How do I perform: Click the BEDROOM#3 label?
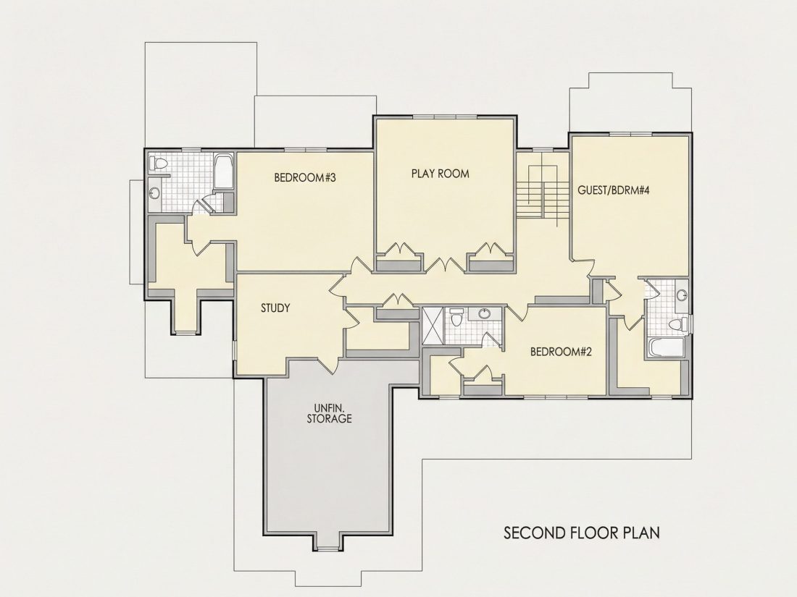305,178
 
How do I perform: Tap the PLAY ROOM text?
441,174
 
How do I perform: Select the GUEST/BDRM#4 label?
614,190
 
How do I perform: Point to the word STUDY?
275,308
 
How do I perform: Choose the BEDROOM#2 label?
561,352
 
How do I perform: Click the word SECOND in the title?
528,533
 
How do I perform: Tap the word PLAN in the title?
643,533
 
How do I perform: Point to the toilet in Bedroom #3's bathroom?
159,164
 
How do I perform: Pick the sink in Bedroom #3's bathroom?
155,193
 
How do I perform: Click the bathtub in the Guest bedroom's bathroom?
667,348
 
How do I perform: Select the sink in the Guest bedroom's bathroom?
682,295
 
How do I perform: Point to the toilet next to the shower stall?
456,317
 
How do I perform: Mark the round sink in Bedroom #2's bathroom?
485,314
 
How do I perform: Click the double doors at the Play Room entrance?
446,264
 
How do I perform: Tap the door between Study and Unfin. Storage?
328,364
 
